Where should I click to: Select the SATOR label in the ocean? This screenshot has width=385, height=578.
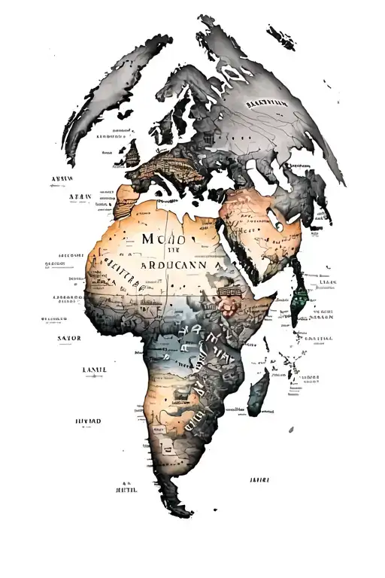coord(68,338)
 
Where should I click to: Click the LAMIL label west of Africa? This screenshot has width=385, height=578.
coord(94,370)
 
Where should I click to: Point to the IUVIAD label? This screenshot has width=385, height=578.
coord(89,420)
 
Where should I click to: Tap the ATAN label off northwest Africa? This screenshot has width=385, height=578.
coord(80,196)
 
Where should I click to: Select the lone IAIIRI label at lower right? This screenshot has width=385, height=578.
coord(259,479)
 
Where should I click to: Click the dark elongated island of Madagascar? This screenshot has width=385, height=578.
coord(259,391)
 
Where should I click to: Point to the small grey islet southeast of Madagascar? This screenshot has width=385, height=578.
coord(291,429)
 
